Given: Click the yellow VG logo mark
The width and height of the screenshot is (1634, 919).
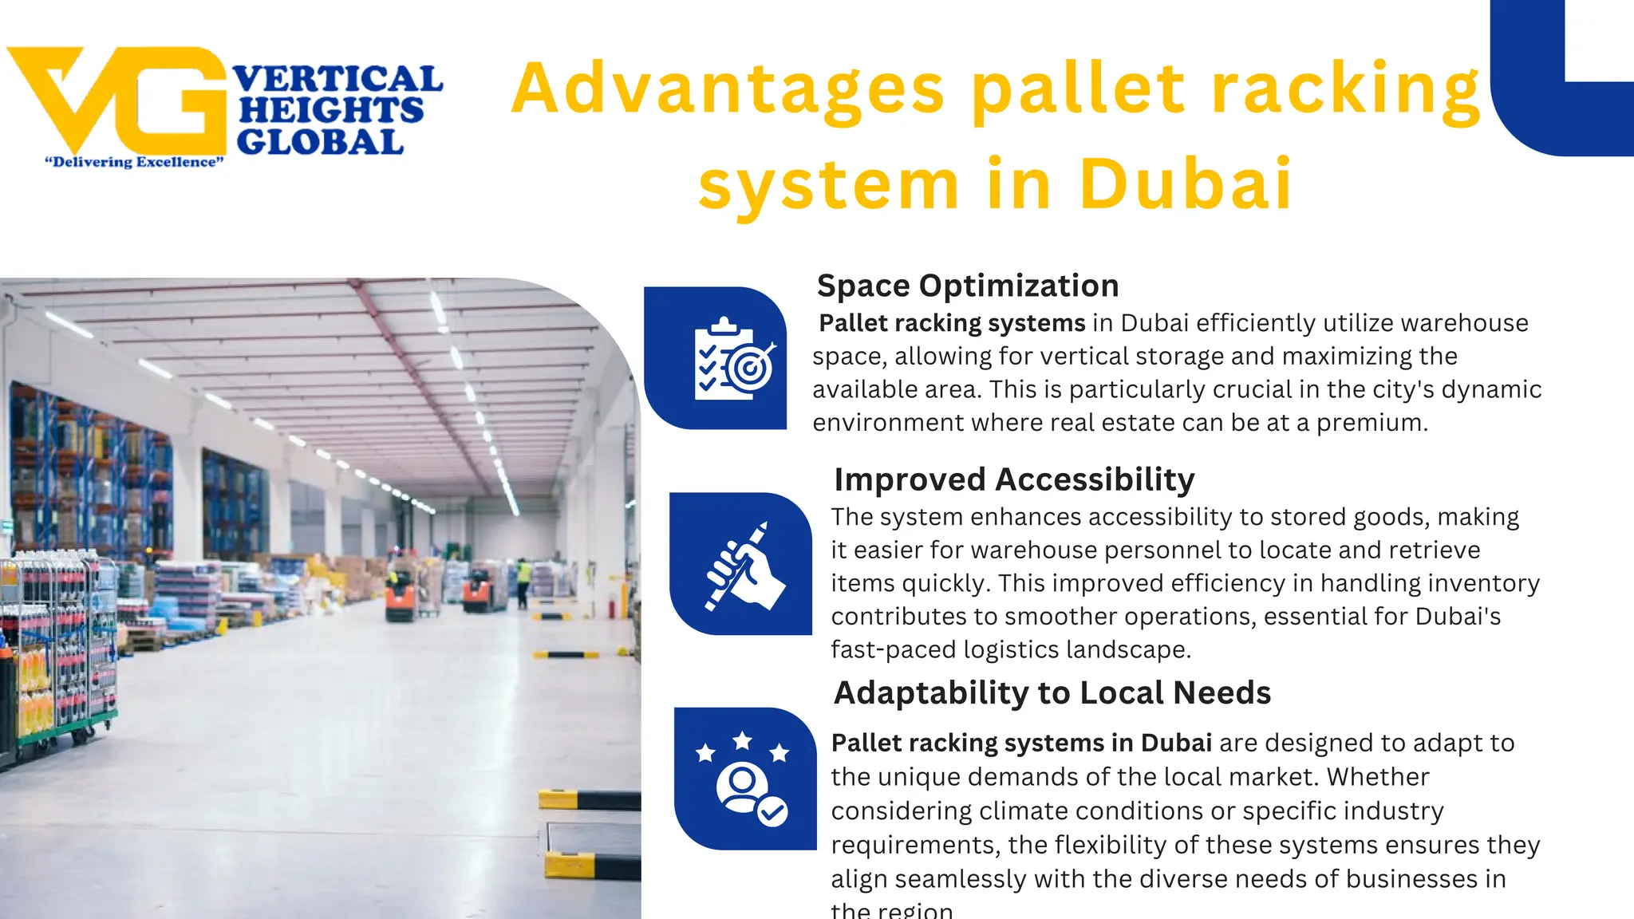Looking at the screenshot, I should pyautogui.click(x=120, y=100).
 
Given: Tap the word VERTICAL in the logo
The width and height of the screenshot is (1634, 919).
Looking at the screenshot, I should pyautogui.click(x=337, y=80).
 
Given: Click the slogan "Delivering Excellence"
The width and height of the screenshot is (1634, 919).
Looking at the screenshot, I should pyautogui.click(x=134, y=163).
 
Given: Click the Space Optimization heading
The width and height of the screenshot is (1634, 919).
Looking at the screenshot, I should pyautogui.click(x=968, y=286).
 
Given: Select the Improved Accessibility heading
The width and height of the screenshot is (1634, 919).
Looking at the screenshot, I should pyautogui.click(x=1014, y=479).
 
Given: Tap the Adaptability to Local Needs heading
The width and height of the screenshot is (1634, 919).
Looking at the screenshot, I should pyautogui.click(x=1052, y=692).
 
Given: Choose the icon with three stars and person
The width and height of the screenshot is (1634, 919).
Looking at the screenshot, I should pyautogui.click(x=744, y=779).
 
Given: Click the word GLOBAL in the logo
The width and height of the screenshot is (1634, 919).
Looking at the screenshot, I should pyautogui.click(x=320, y=143).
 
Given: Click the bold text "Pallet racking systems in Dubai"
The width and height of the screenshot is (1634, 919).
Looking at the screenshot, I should pyautogui.click(x=1021, y=743).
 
